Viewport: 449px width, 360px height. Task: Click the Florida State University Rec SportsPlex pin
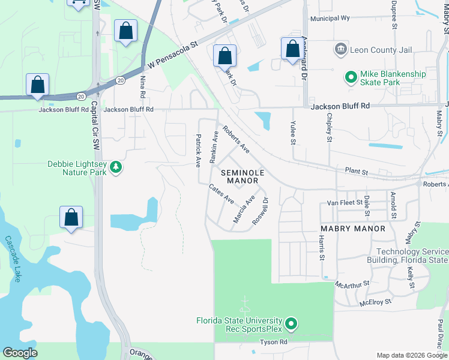[x=291, y=325]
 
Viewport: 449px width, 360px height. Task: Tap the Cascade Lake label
[x=13, y=259]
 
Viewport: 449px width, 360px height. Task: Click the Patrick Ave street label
[x=197, y=151]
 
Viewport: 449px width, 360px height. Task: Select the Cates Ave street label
[x=221, y=194]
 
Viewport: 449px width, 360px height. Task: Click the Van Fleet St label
[x=345, y=203]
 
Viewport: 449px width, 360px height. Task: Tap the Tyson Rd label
[x=274, y=342]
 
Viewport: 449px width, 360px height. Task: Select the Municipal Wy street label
[x=330, y=19]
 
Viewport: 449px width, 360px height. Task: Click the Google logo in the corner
[x=20, y=353]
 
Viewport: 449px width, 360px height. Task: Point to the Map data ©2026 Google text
[x=411, y=355]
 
